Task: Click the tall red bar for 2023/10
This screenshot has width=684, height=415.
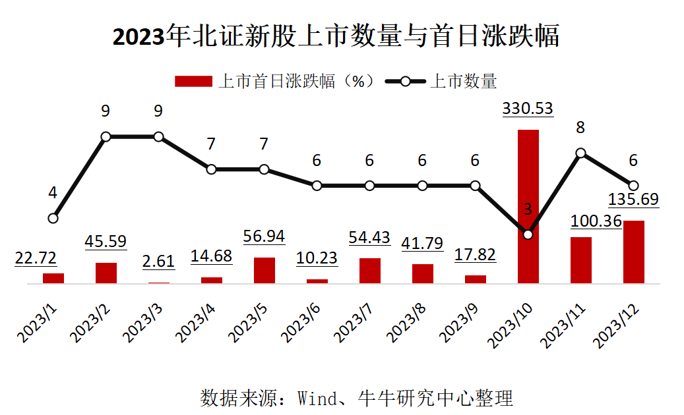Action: [x=528, y=206]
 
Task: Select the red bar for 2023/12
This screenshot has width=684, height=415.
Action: [x=633, y=252]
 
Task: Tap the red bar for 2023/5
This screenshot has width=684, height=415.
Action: [x=264, y=270]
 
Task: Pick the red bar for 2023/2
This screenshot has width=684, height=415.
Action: [x=106, y=273]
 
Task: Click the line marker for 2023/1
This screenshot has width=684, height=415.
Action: [x=53, y=218]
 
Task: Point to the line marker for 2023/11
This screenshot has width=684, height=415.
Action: [x=580, y=153]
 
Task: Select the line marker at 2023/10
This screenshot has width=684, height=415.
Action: [x=528, y=234]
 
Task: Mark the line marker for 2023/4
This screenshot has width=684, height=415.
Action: [x=211, y=169]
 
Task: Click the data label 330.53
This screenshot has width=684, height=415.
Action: [x=528, y=109]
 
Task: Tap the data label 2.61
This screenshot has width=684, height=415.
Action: [x=158, y=261]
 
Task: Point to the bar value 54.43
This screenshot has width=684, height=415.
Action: [x=369, y=237]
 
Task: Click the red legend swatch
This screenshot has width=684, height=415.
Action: [x=193, y=81]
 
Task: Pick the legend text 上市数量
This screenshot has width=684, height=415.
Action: [x=463, y=81]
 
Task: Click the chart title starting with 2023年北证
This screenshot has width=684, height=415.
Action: [x=336, y=36]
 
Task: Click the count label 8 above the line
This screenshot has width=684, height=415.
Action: [x=580, y=128]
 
